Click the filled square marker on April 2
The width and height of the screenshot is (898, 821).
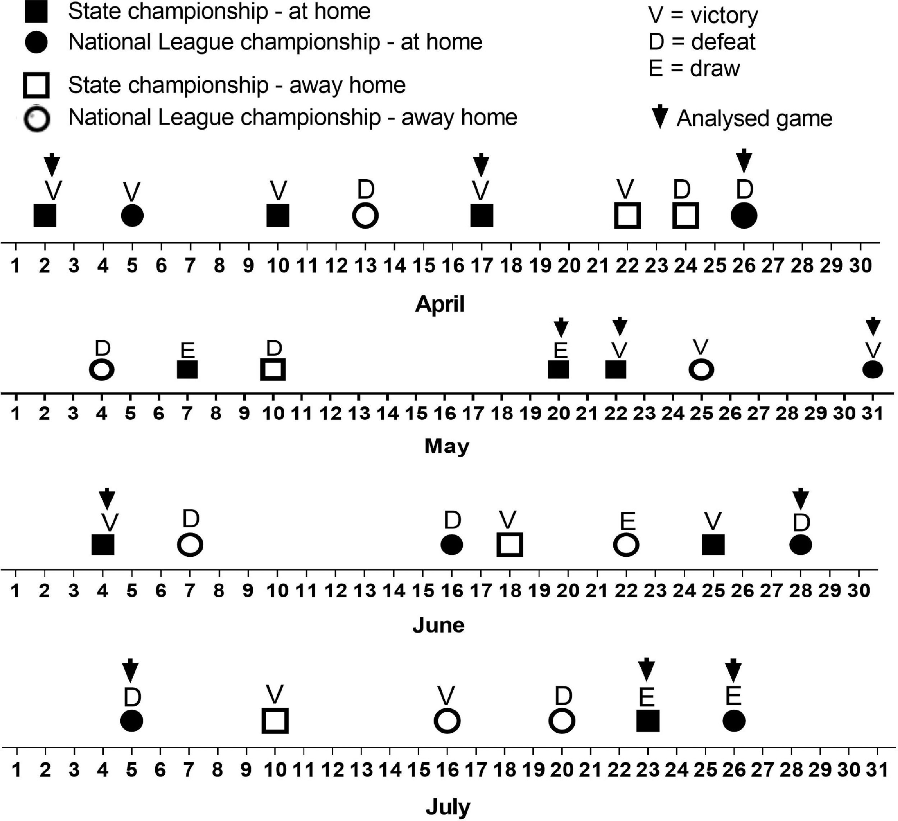point(45,215)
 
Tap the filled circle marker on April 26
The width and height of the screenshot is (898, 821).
point(744,215)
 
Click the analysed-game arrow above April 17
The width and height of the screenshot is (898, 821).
point(481,164)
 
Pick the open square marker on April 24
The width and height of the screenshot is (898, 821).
point(685,215)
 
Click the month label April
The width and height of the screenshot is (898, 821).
point(440,304)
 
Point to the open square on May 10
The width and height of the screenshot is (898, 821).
point(273,369)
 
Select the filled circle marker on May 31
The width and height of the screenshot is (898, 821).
point(872,369)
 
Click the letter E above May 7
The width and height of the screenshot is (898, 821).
point(188,350)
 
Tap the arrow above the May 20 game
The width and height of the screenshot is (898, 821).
point(561,327)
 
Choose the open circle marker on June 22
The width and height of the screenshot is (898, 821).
point(626,545)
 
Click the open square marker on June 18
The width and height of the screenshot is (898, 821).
point(510,545)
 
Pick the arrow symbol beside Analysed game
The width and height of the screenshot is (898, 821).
point(660,117)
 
